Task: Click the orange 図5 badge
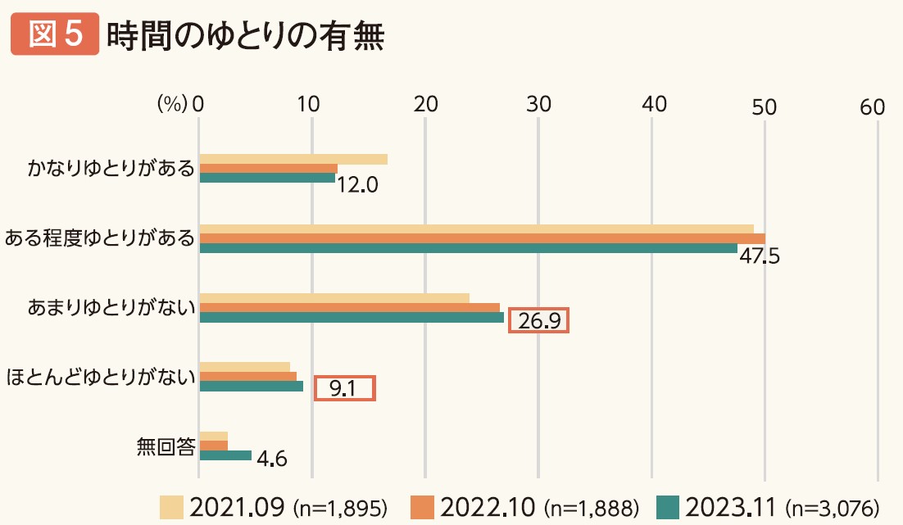pyautogui.click(x=55, y=36)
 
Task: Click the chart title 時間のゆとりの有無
pyautogui.click(x=246, y=36)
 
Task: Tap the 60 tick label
pyautogui.click(x=873, y=106)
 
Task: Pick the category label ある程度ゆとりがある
pyautogui.click(x=99, y=238)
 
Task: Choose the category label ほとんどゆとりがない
pyautogui.click(x=99, y=378)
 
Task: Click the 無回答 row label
pyautogui.click(x=166, y=447)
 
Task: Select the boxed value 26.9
pyautogui.click(x=538, y=320)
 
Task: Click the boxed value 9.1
pyautogui.click(x=345, y=388)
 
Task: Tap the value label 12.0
pyautogui.click(x=357, y=186)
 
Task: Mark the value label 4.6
pyautogui.click(x=271, y=459)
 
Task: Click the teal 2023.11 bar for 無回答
pyautogui.click(x=225, y=455)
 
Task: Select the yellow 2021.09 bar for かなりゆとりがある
pyautogui.click(x=293, y=159)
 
